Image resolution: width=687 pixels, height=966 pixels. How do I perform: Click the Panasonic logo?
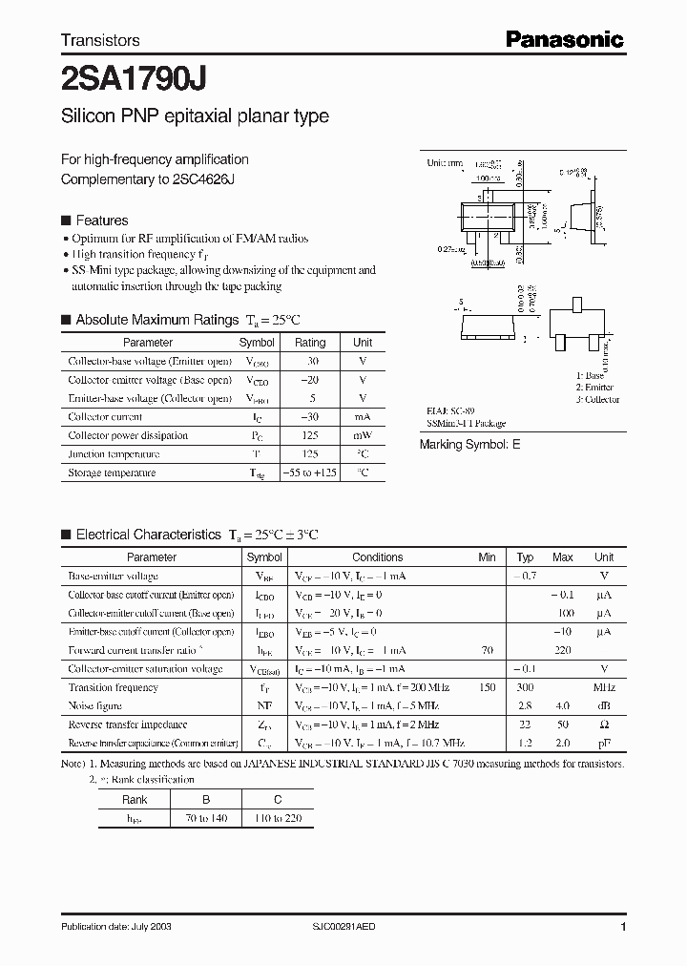564,39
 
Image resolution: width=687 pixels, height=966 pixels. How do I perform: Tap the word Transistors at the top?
100,40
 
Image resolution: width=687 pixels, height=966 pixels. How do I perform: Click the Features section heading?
101,220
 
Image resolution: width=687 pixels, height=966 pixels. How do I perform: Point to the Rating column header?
310,343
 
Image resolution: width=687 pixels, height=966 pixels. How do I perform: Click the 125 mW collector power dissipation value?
310,435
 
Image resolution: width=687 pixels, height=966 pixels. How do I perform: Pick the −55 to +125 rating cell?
310,472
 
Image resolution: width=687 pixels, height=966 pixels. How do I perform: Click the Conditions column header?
378,557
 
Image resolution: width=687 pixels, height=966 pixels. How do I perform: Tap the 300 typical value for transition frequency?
525,687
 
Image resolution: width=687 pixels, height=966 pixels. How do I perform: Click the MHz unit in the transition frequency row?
604,687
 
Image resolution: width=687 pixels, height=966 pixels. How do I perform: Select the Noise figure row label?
96,705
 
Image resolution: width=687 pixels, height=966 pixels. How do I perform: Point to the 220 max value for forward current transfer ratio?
563,650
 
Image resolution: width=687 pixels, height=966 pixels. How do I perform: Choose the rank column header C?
277,801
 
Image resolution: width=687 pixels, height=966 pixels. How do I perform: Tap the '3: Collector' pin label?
597,399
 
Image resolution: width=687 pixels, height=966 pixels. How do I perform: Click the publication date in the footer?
116,927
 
